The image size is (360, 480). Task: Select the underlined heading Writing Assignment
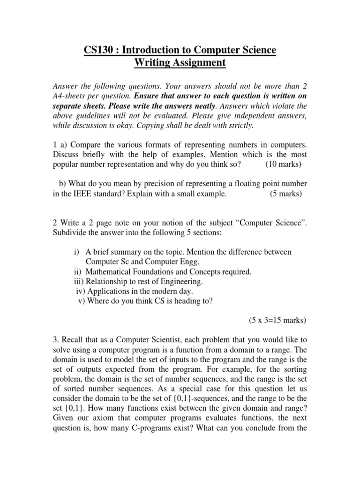[180, 62]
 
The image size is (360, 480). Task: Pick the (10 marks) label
[283, 164]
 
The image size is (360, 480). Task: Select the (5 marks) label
[286, 194]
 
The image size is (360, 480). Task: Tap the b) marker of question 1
[62, 183]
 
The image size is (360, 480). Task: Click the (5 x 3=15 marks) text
[277, 321]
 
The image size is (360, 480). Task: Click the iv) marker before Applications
[80, 291]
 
